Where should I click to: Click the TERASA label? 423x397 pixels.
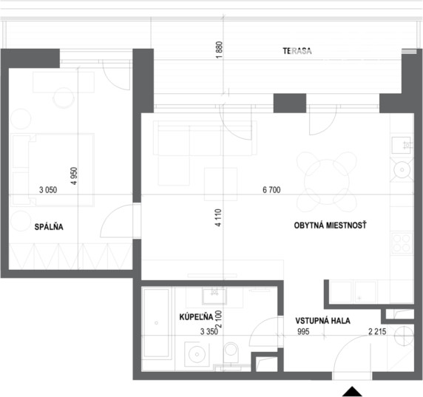297,51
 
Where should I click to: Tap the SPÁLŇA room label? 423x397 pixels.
49,227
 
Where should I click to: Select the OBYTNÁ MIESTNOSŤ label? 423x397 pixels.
331,225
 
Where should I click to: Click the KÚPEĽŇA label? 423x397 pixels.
196,317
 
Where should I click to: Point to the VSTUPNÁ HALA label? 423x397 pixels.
322,321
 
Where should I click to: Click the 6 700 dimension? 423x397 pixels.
271,190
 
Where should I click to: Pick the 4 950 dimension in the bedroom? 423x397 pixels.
74,176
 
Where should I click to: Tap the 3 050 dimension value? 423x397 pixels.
48,190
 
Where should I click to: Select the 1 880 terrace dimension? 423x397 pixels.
219,50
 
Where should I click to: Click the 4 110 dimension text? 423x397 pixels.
218,217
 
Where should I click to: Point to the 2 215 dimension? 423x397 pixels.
377,331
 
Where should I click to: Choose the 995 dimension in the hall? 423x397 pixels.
303,331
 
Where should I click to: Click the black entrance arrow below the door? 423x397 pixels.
352,392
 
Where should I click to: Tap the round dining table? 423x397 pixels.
327,182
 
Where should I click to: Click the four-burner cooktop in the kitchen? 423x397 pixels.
402,243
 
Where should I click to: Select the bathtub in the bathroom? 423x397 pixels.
156,323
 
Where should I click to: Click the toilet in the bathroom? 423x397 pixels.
231,352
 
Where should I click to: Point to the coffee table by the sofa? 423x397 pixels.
220,184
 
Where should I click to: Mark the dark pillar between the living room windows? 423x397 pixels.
290,104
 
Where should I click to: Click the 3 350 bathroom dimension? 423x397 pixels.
209,331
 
